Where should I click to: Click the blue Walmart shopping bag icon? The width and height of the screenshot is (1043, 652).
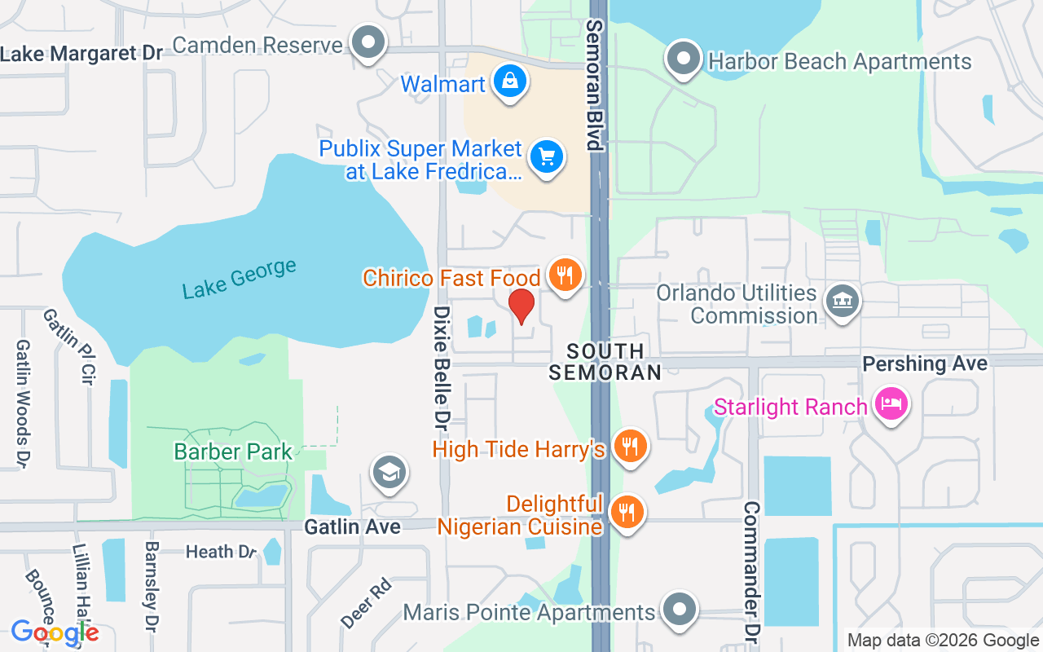(x=509, y=82)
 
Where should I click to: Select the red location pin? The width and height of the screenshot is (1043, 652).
(x=521, y=307)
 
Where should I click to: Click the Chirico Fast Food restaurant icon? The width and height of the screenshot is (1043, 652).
(x=564, y=275)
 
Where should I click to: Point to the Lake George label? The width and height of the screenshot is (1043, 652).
(x=239, y=279)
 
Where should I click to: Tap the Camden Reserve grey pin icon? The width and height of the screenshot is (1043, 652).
(x=368, y=42)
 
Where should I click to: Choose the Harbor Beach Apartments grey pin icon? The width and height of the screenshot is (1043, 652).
(x=684, y=59)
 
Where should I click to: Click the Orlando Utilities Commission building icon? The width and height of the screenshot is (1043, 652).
(x=842, y=301)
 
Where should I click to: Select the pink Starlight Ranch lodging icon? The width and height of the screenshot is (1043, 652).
(x=891, y=403)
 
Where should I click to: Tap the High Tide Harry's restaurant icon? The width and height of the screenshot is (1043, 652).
(x=629, y=447)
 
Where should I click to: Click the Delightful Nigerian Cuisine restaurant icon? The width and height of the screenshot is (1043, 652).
(x=627, y=512)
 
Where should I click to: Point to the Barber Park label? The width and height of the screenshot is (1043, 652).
(x=233, y=452)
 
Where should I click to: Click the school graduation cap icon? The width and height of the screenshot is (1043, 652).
(x=389, y=472)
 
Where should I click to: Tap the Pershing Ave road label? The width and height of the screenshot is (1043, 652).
(x=925, y=363)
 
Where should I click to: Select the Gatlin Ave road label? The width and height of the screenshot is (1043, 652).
(x=352, y=527)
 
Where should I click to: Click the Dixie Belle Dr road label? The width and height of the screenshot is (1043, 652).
(x=442, y=368)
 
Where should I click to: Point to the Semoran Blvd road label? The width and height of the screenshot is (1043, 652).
(x=595, y=86)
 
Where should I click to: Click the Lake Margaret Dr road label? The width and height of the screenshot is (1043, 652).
(x=81, y=54)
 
